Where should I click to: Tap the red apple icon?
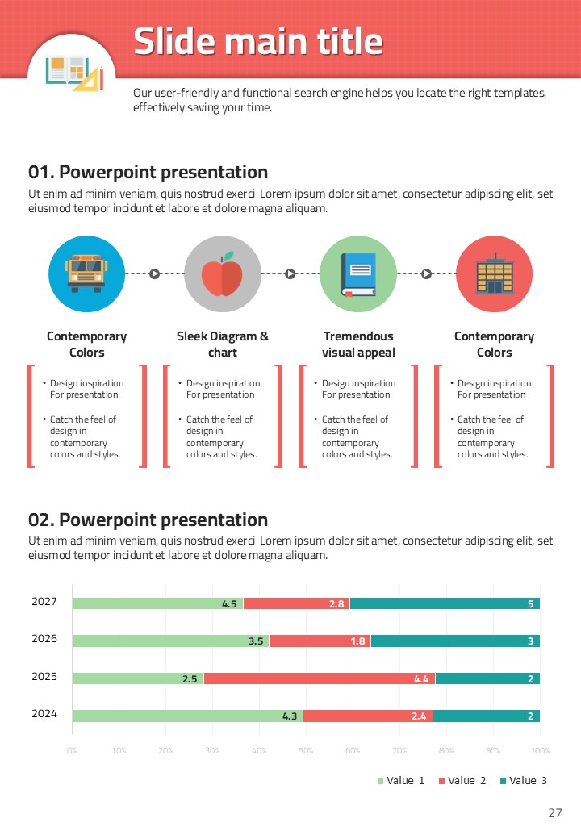point(222,274)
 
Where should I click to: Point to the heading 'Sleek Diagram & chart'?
point(223,344)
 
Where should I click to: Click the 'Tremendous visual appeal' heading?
point(358,344)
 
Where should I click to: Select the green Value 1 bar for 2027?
point(157,603)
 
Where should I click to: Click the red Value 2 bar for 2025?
point(320,678)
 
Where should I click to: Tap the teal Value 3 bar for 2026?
point(455,641)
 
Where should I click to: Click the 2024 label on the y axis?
point(44,713)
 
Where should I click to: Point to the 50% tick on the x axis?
point(306,751)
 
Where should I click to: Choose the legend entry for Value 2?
point(462,781)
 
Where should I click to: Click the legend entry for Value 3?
point(524,781)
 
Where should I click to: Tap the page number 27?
point(554,813)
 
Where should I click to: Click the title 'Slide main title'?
point(258,41)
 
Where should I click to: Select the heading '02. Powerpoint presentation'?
point(148,520)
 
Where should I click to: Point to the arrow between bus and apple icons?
point(154,274)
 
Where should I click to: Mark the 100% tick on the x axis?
point(540,751)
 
